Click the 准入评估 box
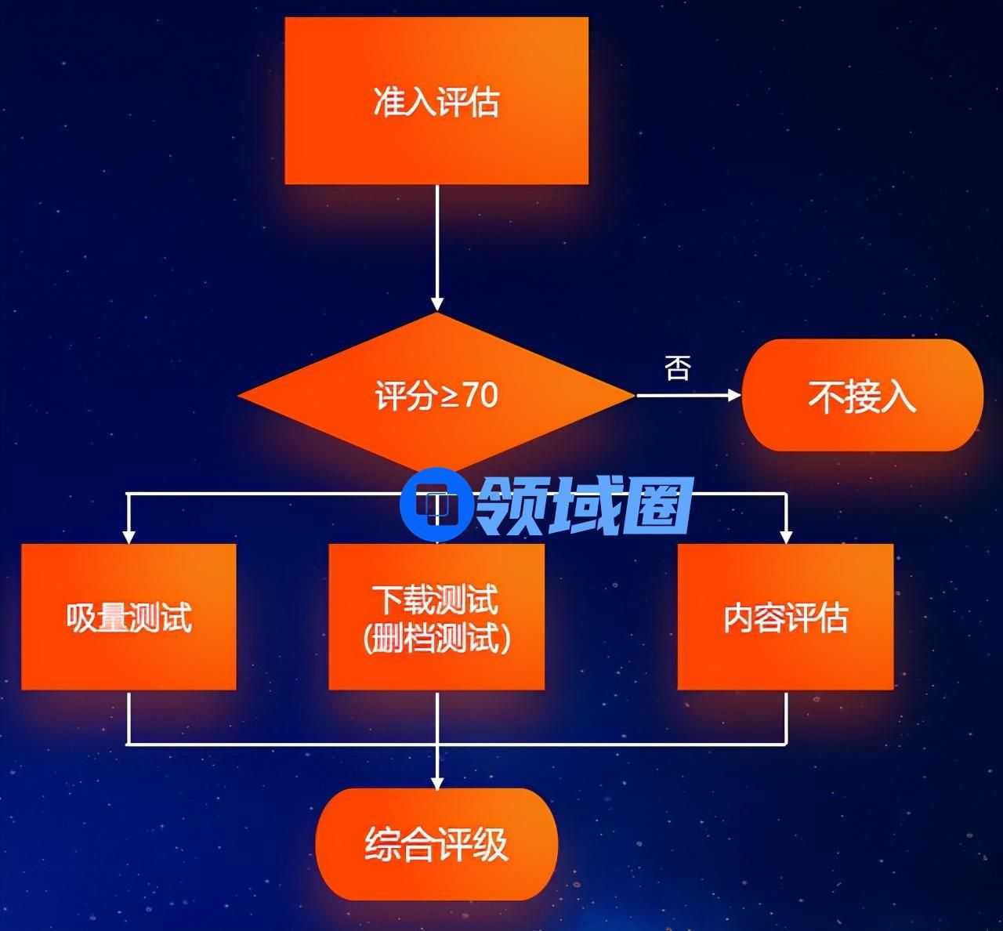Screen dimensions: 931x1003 (x=436, y=101)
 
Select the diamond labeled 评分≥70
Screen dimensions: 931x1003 (x=436, y=394)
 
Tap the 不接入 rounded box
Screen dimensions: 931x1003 (x=862, y=396)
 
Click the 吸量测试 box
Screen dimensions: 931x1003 (x=129, y=618)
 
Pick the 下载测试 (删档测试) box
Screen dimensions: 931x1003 (x=436, y=618)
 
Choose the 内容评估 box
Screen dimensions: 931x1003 (x=785, y=618)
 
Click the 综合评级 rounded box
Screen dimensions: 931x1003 (x=436, y=844)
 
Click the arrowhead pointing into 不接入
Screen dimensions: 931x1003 (x=734, y=396)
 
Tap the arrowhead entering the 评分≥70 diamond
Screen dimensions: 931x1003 (x=436, y=305)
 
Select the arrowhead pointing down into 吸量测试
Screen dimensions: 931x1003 (x=129, y=537)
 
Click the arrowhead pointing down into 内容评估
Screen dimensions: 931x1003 (x=786, y=537)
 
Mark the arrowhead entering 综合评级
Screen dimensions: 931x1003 (x=436, y=782)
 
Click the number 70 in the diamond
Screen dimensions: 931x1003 (x=480, y=395)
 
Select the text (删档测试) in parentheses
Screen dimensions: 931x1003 (x=436, y=638)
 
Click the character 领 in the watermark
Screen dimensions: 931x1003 (x=509, y=505)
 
